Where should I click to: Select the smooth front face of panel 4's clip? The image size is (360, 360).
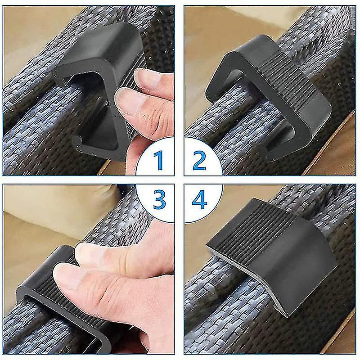tap(292, 274)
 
